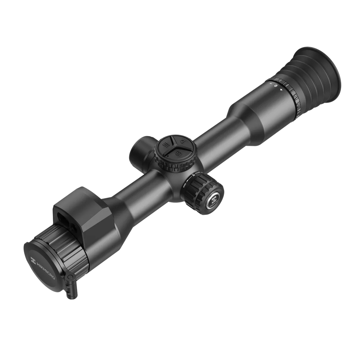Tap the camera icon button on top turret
click(x=178, y=153)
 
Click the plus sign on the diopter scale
click(x=281, y=89)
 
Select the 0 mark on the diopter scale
click(x=275, y=86)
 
